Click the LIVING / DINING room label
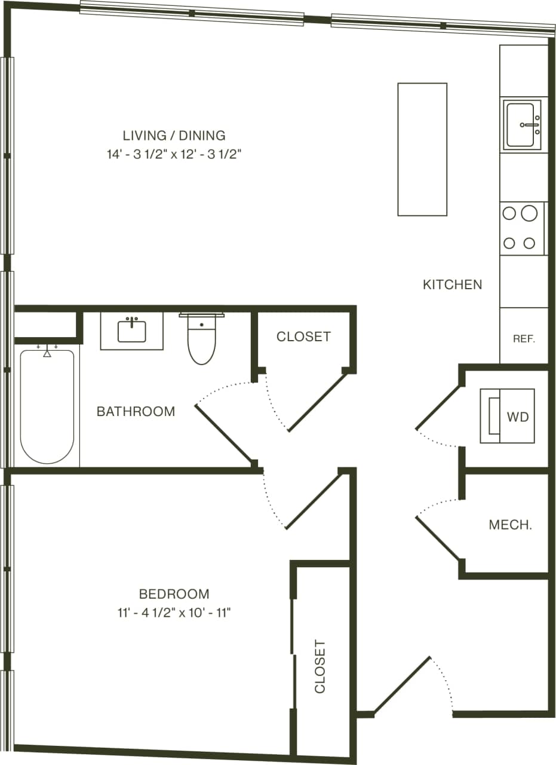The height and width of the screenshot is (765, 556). [x=174, y=135]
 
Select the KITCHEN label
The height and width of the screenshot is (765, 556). [x=452, y=284]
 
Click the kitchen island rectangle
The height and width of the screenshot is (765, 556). [x=422, y=149]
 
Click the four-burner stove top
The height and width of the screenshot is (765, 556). [x=522, y=228]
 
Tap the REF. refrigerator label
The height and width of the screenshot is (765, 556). [x=524, y=338]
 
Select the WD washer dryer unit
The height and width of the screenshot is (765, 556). [x=507, y=416]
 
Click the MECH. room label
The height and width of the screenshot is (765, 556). [x=510, y=525]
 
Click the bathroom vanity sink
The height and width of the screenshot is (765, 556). [x=131, y=331]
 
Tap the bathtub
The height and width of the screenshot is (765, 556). [x=47, y=406]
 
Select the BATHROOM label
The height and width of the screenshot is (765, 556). [x=136, y=411]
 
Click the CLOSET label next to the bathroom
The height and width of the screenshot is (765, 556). [x=303, y=336]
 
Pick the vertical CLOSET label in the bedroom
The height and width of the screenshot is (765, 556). [x=321, y=666]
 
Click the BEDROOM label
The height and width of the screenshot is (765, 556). [x=174, y=593]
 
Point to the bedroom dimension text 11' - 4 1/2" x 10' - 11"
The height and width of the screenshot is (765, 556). [x=174, y=613]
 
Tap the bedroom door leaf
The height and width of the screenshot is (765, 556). [x=313, y=501]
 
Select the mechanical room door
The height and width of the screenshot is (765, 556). [x=438, y=538]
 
